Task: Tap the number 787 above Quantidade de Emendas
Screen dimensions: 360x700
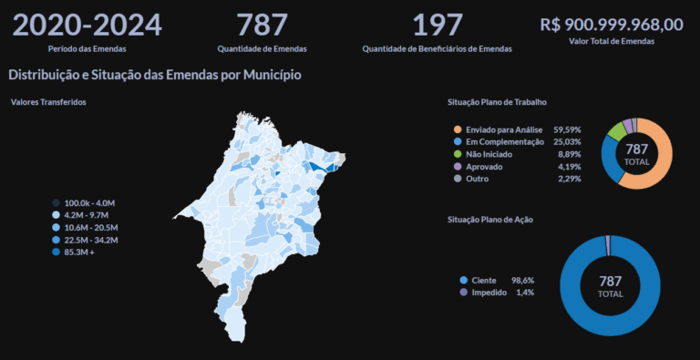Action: (x=262, y=25)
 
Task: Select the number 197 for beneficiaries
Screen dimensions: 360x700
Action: (x=437, y=25)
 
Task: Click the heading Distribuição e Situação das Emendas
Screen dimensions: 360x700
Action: (x=154, y=75)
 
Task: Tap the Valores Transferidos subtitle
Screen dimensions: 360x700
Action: (x=48, y=102)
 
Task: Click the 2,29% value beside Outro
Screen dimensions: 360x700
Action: (x=569, y=179)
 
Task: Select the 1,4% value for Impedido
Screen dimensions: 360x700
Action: (x=524, y=293)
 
